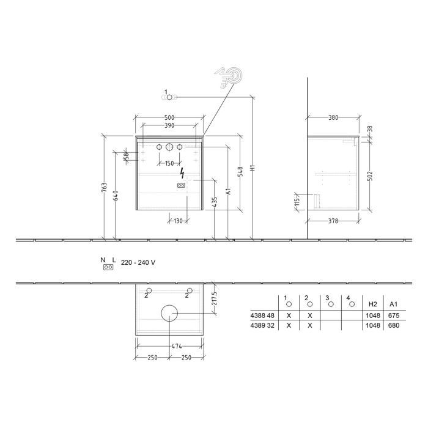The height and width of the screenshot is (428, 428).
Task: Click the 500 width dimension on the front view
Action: coord(169,117)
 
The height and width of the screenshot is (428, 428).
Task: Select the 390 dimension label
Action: coord(169,125)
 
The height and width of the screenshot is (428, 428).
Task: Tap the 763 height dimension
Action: coord(105,186)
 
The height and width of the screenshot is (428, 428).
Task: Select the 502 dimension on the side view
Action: coord(370,176)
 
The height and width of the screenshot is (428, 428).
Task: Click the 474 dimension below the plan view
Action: coord(169,347)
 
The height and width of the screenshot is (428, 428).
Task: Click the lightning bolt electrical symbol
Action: coord(182,174)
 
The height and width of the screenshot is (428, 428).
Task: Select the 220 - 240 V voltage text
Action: coord(138,262)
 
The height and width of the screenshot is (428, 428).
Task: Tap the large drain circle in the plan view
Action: coord(169,313)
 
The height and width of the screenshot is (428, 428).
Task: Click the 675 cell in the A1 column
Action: coord(394,315)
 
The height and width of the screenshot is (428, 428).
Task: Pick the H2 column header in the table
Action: coord(372,303)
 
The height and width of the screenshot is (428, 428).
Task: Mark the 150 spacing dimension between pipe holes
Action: coord(169,163)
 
